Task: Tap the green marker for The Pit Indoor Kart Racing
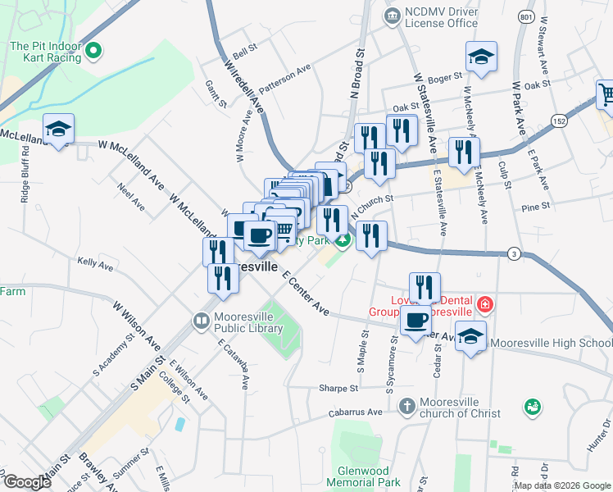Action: tap(93, 51)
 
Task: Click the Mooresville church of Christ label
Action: tap(459, 408)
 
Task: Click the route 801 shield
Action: tap(527, 16)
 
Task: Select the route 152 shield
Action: tap(560, 120)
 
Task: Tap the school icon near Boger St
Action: tap(481, 57)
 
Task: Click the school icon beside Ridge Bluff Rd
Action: tap(58, 130)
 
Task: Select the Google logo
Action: tap(26, 481)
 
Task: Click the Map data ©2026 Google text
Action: tap(562, 485)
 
